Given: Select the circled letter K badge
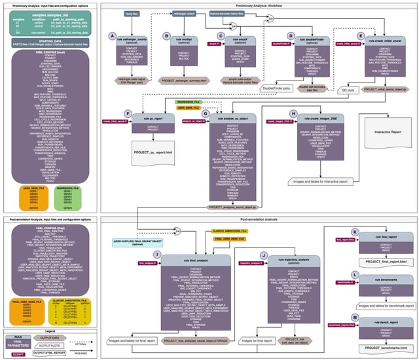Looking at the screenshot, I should coord(354,232).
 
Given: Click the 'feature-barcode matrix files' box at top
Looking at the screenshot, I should coord(238,13).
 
